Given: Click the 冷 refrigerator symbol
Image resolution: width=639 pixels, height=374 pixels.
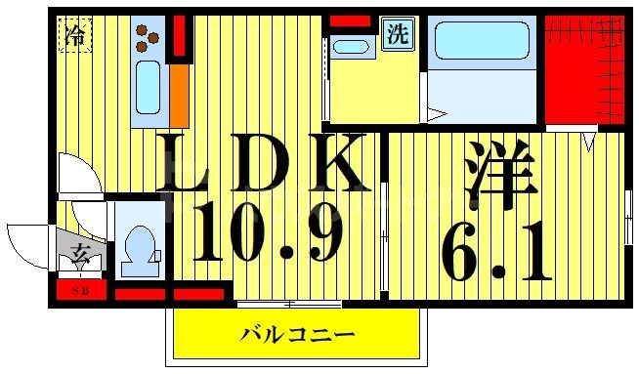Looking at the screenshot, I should point(74,35).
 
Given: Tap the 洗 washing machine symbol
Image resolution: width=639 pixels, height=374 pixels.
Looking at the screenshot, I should point(397,35).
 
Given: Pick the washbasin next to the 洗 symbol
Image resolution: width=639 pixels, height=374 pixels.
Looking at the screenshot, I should point(350,46).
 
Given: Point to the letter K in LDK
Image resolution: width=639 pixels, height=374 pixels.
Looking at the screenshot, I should point(335,163).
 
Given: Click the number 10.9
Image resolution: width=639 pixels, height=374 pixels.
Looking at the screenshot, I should point(267,235).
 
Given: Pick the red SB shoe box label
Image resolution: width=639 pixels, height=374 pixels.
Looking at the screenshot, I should point(75,291).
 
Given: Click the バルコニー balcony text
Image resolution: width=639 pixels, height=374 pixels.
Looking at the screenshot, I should point(298,335).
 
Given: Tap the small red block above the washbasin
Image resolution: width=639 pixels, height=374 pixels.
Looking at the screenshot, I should point(349,21).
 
